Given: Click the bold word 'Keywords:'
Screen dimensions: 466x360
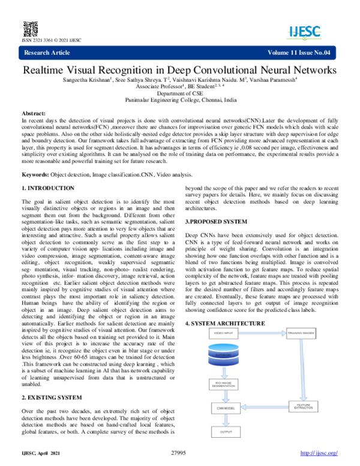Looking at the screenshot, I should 35,174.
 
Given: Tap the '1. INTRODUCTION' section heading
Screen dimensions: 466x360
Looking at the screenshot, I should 48,189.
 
